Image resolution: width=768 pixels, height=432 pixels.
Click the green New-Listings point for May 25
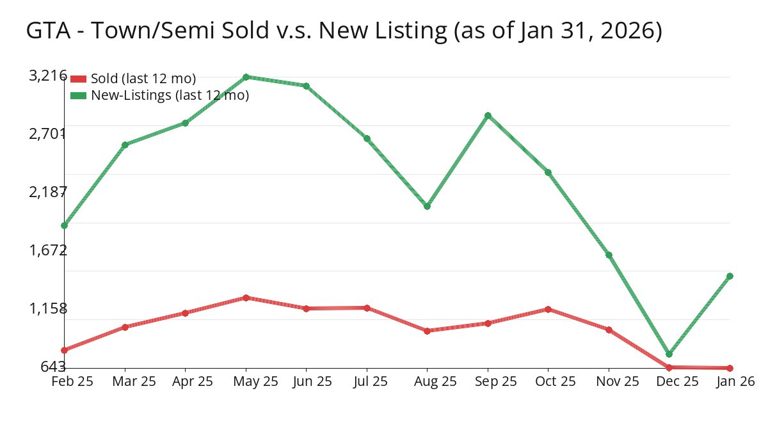coord(246,77)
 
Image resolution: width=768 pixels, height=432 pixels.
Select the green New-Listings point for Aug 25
coord(427,206)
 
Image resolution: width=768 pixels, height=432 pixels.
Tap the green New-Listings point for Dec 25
coord(669,354)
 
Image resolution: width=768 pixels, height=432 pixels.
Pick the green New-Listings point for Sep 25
coord(488,115)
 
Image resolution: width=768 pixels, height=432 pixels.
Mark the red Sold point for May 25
coord(246,298)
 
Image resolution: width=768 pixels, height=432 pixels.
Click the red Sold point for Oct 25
coord(548,309)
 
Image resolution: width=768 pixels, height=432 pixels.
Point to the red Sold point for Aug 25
coord(427,331)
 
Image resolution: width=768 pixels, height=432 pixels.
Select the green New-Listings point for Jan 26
coord(730,276)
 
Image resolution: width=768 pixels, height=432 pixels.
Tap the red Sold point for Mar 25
coord(125,327)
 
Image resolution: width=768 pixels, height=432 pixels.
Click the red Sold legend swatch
coord(78,79)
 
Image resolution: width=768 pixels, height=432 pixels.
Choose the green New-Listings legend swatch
coord(78,95)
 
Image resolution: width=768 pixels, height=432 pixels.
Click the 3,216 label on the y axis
coord(48,76)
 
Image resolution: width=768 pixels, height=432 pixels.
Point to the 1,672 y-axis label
coord(48,250)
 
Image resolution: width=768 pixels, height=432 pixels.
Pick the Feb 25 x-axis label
coord(72,381)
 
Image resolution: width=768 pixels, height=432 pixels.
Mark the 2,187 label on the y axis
coord(48,192)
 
